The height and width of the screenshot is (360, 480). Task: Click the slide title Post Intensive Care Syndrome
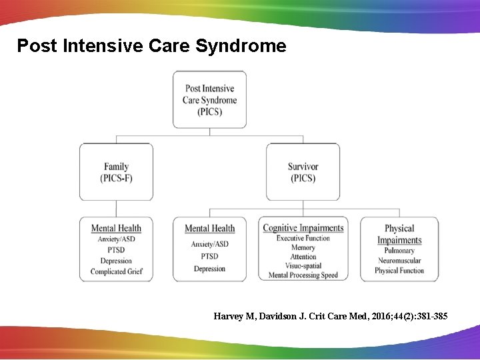(151, 46)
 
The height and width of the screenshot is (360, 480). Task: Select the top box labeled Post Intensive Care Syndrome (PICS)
(209, 99)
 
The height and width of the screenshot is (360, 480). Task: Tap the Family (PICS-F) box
(117, 172)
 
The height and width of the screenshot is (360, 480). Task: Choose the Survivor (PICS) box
(303, 172)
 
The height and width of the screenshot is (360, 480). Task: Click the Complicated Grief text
(117, 271)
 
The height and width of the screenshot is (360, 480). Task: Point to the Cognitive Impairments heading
(303, 228)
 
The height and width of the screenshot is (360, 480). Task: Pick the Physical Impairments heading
(399, 234)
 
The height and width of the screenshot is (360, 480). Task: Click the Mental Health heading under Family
(117, 228)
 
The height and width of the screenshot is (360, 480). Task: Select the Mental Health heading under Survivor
(210, 229)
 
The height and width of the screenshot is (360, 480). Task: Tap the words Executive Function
(303, 238)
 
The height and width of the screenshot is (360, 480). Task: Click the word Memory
(303, 247)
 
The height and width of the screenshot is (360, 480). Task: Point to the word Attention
(303, 257)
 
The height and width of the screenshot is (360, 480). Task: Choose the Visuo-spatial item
(303, 266)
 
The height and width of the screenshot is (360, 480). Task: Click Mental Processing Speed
(303, 275)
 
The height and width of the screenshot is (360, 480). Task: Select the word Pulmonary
(399, 251)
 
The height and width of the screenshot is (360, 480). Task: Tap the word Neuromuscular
(399, 261)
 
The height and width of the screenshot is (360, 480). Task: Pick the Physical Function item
(399, 271)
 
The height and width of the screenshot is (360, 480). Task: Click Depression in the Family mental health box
(117, 261)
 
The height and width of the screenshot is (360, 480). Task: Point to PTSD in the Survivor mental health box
(210, 256)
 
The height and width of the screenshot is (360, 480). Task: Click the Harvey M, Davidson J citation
(331, 316)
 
